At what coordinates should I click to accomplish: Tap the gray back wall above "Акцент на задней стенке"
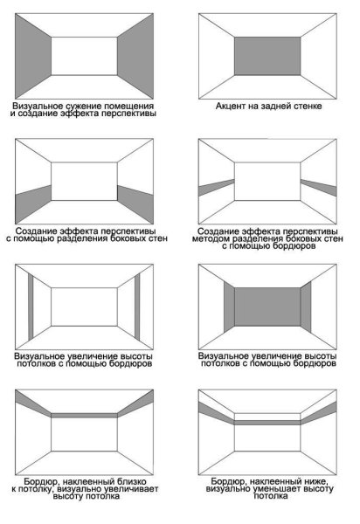(x=267, y=56)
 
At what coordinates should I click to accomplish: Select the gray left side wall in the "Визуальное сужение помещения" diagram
(x=33, y=56)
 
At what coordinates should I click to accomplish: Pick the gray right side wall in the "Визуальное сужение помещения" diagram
(x=135, y=56)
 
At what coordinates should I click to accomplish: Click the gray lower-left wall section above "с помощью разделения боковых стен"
(x=33, y=203)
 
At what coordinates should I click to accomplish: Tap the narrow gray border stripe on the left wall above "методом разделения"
(x=217, y=188)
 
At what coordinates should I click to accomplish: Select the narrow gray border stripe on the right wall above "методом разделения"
(x=319, y=188)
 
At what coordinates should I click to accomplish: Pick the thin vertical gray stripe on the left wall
(x=31, y=307)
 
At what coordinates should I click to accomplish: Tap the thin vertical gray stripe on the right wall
(x=137, y=307)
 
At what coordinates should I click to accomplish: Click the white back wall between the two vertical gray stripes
(x=84, y=307)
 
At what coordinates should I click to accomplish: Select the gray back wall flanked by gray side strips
(x=267, y=307)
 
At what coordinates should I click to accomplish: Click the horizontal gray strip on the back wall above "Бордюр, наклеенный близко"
(x=84, y=416)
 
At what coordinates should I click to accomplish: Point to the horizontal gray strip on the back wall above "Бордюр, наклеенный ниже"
(x=267, y=423)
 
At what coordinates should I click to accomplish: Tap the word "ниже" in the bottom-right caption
(x=315, y=481)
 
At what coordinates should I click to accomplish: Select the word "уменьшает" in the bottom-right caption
(x=277, y=489)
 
